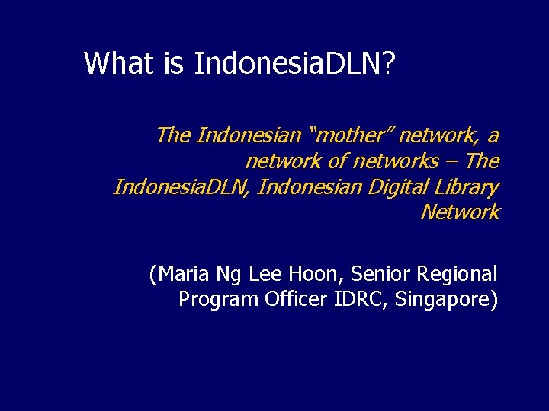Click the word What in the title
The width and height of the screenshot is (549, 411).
tap(118, 63)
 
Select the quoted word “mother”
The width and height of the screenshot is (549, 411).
tap(349, 136)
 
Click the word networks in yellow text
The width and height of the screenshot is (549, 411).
tap(395, 161)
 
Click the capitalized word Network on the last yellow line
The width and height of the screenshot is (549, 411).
tap(460, 212)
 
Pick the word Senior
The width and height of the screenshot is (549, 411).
tap(380, 274)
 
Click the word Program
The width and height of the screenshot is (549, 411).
tap(218, 299)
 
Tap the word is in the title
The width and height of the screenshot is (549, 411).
tap(173, 63)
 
